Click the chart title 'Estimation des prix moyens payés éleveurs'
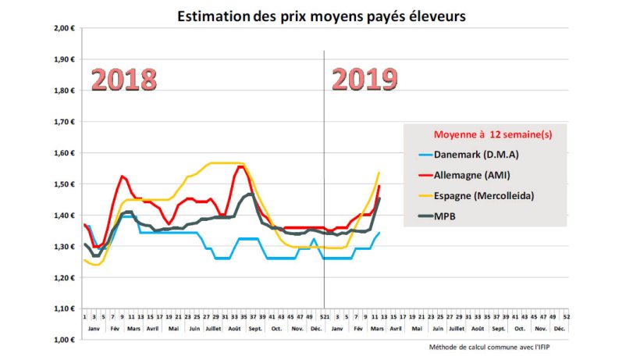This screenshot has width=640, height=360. [322, 16]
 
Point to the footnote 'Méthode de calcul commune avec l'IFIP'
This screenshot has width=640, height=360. [496, 347]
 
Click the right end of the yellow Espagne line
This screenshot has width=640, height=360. [379, 173]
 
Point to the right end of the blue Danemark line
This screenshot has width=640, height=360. [379, 233]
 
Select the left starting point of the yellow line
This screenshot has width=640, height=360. [84, 260]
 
